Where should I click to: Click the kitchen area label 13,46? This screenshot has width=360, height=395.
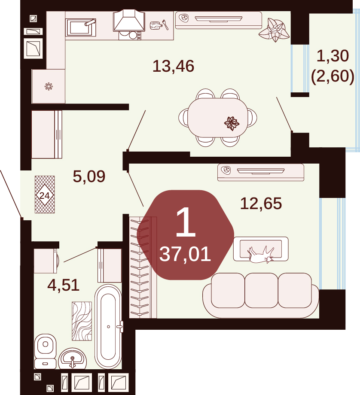click(174, 66)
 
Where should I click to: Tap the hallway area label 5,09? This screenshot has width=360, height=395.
click(89, 176)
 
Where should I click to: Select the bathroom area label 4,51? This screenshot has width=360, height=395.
click(64, 285)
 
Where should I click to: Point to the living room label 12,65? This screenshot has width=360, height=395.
click(261, 204)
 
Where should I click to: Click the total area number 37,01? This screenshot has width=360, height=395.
click(185, 254)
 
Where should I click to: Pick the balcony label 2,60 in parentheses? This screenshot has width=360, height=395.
click(333, 76)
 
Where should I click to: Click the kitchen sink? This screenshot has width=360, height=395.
click(81, 27)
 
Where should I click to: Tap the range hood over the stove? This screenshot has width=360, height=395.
click(129, 21)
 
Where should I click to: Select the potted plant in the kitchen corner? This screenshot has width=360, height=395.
click(274, 30)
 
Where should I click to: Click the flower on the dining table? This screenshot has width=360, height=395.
click(232, 124)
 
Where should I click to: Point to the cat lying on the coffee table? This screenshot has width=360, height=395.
click(261, 255)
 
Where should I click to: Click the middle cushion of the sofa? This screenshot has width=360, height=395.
click(261, 291)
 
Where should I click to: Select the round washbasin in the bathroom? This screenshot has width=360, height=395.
click(73, 359)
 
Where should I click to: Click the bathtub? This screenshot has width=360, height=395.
click(108, 326)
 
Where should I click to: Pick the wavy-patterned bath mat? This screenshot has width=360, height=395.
click(82, 321)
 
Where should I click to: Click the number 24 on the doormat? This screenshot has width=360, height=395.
click(45, 195)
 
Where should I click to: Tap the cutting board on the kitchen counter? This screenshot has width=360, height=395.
click(156, 25)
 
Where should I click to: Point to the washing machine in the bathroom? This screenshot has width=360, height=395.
click(46, 261)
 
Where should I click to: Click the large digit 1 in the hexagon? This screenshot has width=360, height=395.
click(186, 222)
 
